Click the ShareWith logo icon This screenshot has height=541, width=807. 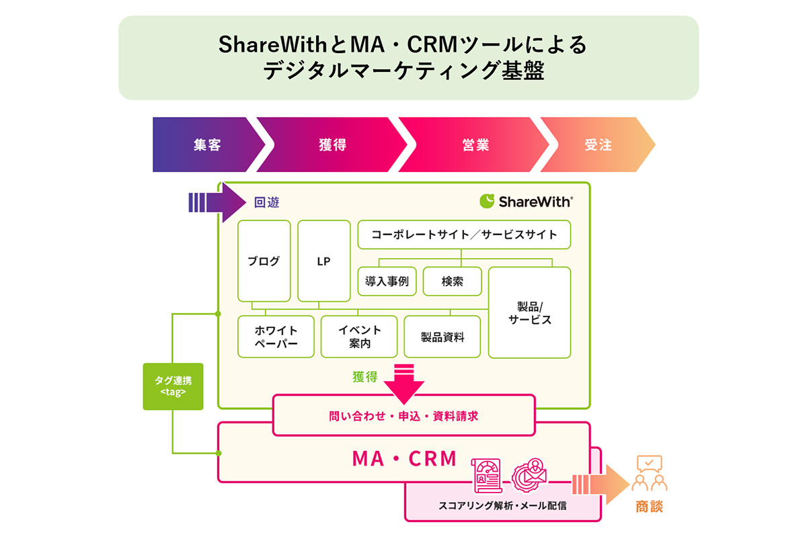[x=487, y=201]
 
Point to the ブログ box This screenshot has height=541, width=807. [x=264, y=261]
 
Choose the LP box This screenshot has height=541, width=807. [x=323, y=261]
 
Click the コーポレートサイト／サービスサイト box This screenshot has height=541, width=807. [x=464, y=235]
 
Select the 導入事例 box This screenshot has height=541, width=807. [x=387, y=282]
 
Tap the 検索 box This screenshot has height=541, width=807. [x=452, y=282]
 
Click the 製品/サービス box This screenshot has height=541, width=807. [x=529, y=313]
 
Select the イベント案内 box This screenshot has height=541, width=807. [x=359, y=337]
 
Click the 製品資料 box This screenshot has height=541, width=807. [x=442, y=337]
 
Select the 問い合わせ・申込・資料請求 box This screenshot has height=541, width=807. [x=403, y=416]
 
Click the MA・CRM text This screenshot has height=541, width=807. [x=404, y=459]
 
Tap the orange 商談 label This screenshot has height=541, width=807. [x=649, y=506]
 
